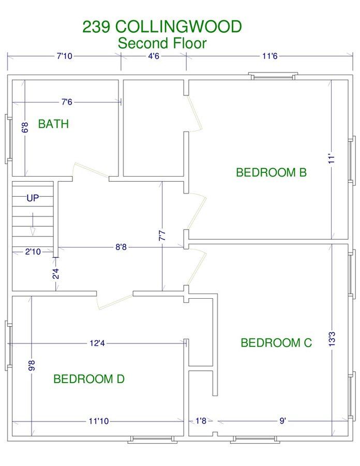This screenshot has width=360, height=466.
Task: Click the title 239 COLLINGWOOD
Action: click(162, 27)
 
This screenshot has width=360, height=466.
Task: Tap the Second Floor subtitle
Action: click(162, 43)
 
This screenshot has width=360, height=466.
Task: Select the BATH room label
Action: click(53, 124)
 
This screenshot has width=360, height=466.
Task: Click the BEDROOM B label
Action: click(271, 172)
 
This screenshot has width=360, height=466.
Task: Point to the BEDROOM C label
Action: click(276, 343)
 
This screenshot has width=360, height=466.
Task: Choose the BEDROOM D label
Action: click(89, 379)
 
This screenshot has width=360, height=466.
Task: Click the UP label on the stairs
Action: click(33, 198)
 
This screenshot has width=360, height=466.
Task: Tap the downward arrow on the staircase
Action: click(33, 224)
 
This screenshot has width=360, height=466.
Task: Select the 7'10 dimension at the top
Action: click(65, 56)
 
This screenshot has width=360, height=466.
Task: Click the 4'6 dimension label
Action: click(154, 56)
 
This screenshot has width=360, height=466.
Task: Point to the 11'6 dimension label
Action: click(270, 56)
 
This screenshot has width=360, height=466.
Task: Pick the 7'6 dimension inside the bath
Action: click(67, 102)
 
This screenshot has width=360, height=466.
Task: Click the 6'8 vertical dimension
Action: click(25, 127)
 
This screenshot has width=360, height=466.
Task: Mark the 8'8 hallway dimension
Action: click(121, 247)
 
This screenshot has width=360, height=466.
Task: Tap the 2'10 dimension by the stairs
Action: click(33, 252)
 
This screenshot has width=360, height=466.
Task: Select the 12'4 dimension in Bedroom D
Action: click(97, 343)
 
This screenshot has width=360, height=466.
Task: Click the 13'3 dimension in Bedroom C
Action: click(332, 339)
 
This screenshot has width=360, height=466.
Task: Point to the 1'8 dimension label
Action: click(201, 421)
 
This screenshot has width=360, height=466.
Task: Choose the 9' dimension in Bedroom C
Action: click(282, 421)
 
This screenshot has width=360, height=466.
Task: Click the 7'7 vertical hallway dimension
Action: click(162, 236)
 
